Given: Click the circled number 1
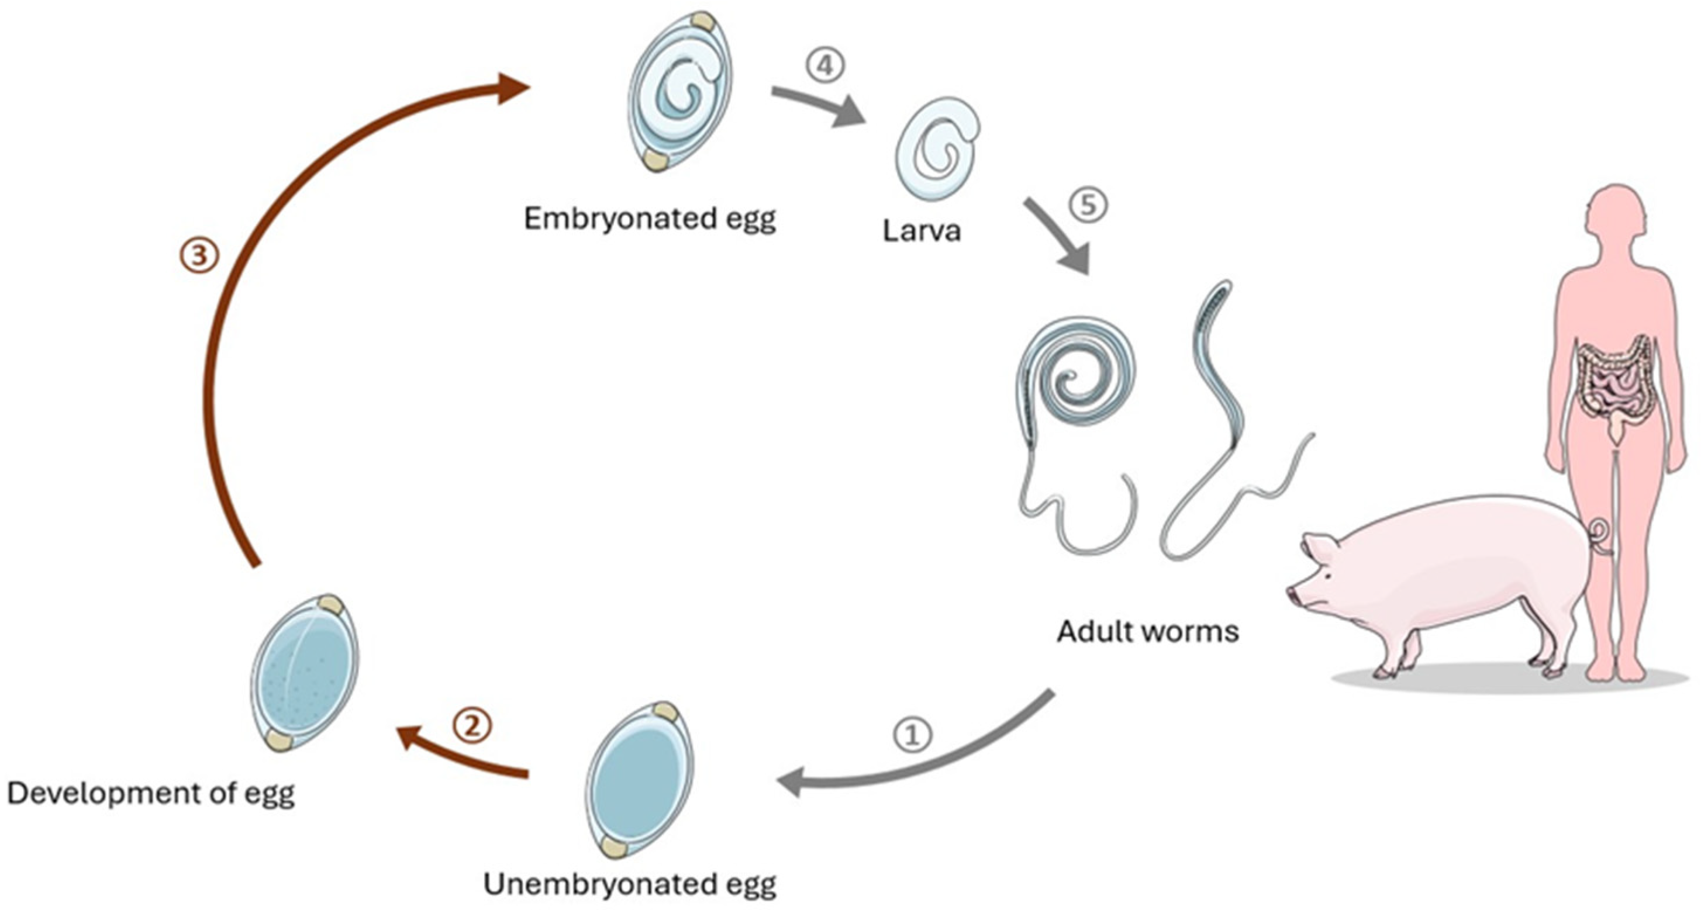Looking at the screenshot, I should [913, 735].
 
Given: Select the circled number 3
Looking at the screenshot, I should [199, 255].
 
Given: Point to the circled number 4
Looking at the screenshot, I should [824, 67].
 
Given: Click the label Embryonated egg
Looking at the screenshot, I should [650, 219].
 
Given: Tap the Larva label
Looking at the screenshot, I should [921, 231].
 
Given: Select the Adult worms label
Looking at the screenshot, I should [1148, 632].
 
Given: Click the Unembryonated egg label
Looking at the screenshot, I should [629, 884].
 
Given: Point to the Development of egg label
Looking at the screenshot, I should [150, 793].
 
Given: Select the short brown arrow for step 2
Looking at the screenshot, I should [462, 752].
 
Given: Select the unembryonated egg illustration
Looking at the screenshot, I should [639, 779].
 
